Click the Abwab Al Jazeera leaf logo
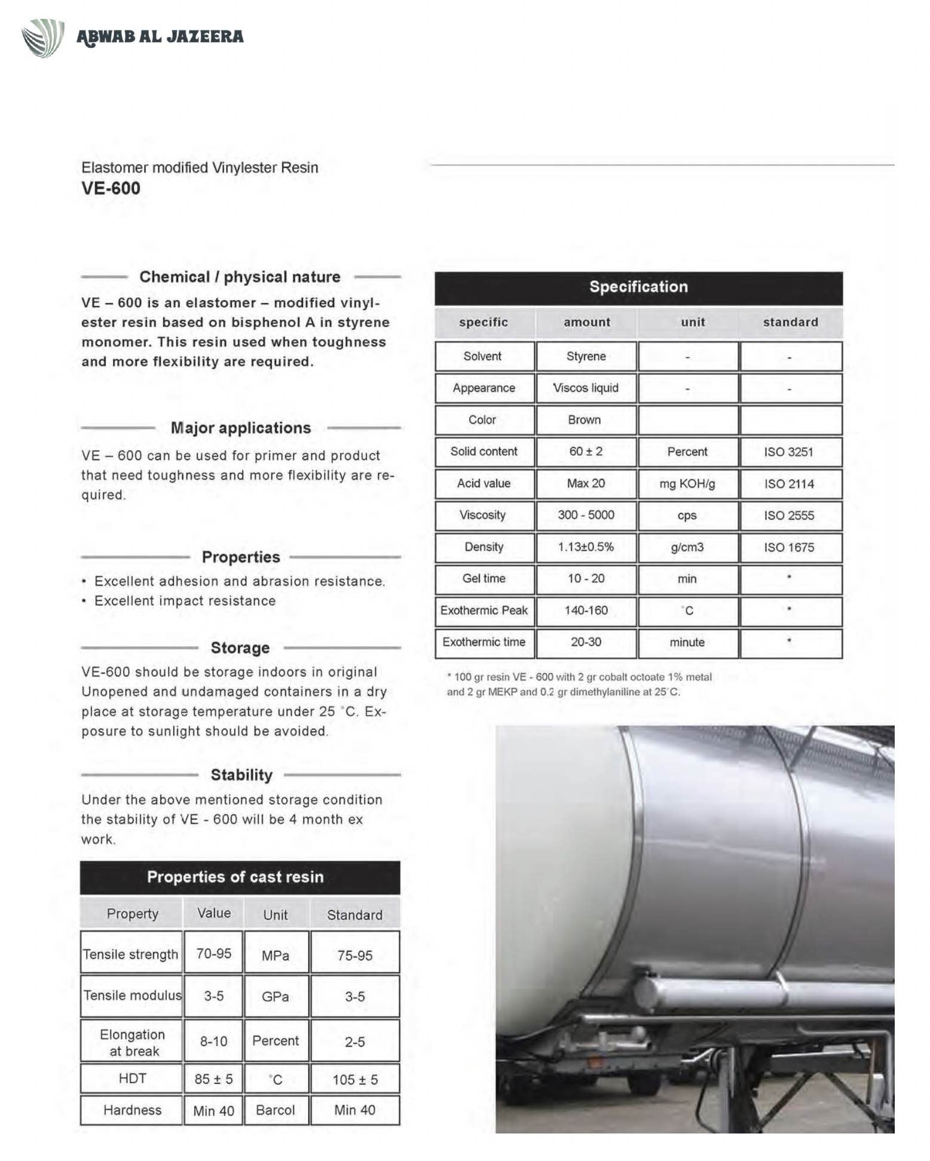click(x=43, y=38)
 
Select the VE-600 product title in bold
click(x=111, y=188)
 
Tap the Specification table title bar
click(x=638, y=288)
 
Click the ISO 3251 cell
click(x=789, y=452)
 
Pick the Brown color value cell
click(x=585, y=420)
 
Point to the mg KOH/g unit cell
click(x=687, y=484)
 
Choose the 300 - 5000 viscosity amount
click(x=586, y=515)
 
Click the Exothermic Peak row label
click(x=484, y=610)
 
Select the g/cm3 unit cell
click(x=687, y=547)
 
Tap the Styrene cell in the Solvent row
click(x=586, y=357)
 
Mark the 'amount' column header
click(x=587, y=323)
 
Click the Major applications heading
click(x=241, y=428)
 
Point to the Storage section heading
click(x=240, y=648)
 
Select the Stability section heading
click(x=241, y=775)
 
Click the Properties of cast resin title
click(x=235, y=877)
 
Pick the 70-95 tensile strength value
click(x=213, y=954)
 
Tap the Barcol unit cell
click(x=276, y=1110)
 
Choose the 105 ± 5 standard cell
click(x=355, y=1080)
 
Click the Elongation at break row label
click(x=132, y=1043)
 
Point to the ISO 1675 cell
click(x=789, y=548)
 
